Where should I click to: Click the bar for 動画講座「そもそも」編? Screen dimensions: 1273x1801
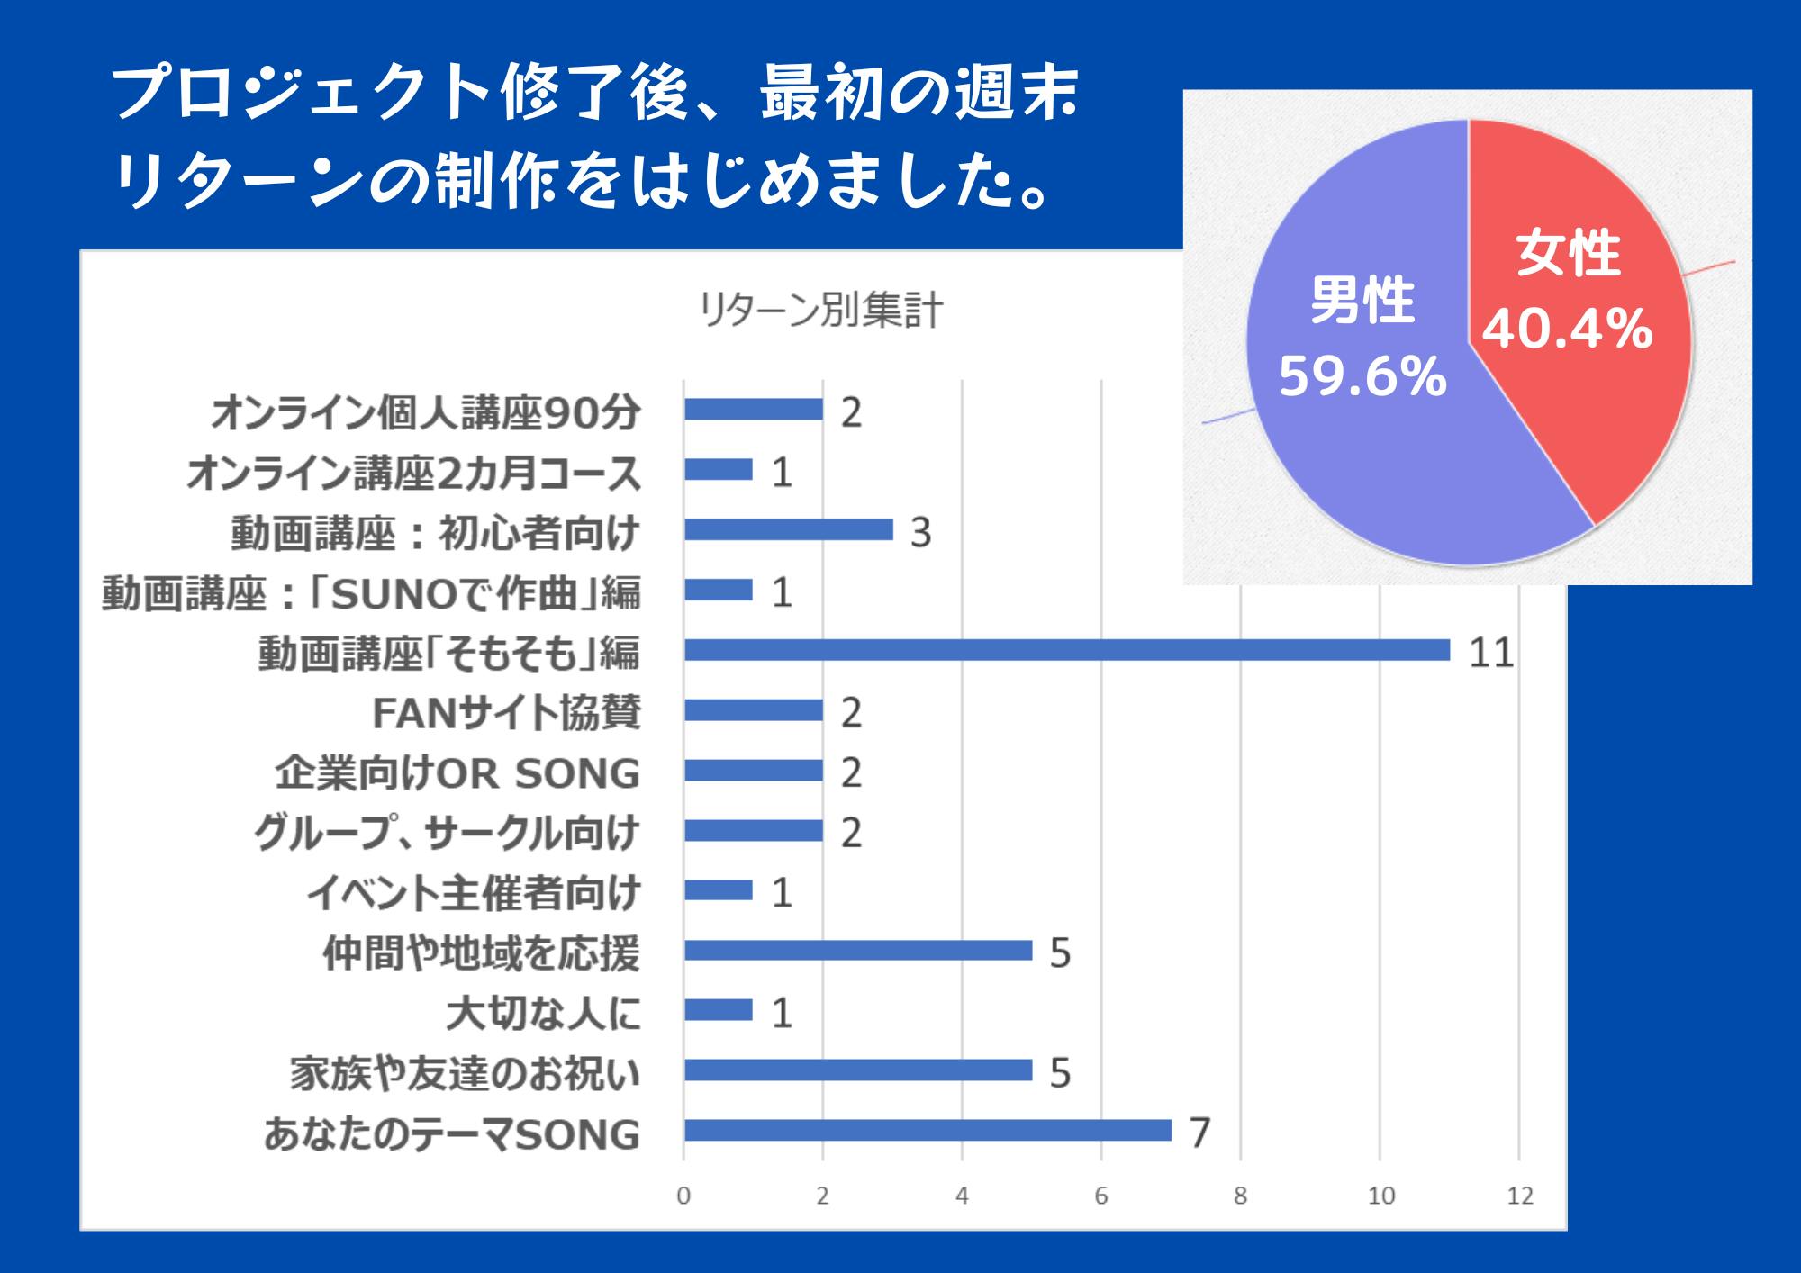(1066, 650)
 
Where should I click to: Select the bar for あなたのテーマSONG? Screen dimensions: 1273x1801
(928, 1130)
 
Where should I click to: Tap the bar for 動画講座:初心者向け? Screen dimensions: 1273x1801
(788, 529)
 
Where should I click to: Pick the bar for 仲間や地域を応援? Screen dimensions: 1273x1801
(857, 950)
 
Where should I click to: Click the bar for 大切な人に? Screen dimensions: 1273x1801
(718, 1010)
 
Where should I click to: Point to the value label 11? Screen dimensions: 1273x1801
(1490, 652)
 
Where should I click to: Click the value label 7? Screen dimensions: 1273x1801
(1199, 1133)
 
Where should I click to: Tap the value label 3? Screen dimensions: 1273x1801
(919, 532)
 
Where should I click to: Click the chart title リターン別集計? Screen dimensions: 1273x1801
(820, 311)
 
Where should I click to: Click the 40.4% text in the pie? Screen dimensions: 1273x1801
(1567, 329)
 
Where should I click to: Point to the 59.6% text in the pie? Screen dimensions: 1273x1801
(1362, 376)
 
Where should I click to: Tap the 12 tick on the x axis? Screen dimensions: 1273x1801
(1520, 1196)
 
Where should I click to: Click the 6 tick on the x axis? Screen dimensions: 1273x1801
(1100, 1196)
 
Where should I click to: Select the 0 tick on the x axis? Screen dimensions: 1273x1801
(683, 1196)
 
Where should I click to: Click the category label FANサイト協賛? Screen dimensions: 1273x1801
(506, 713)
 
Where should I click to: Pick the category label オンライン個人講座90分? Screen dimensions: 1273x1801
(425, 412)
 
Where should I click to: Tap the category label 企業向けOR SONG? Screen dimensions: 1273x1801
(457, 773)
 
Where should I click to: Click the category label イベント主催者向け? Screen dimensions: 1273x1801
(474, 893)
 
